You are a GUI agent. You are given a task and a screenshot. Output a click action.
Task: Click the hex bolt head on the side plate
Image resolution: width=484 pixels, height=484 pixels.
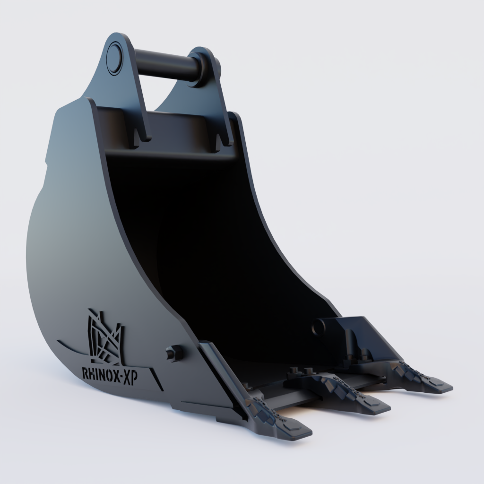[x=173, y=353]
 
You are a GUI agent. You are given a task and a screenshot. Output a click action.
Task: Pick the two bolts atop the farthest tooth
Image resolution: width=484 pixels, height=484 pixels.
[x=360, y=353]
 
